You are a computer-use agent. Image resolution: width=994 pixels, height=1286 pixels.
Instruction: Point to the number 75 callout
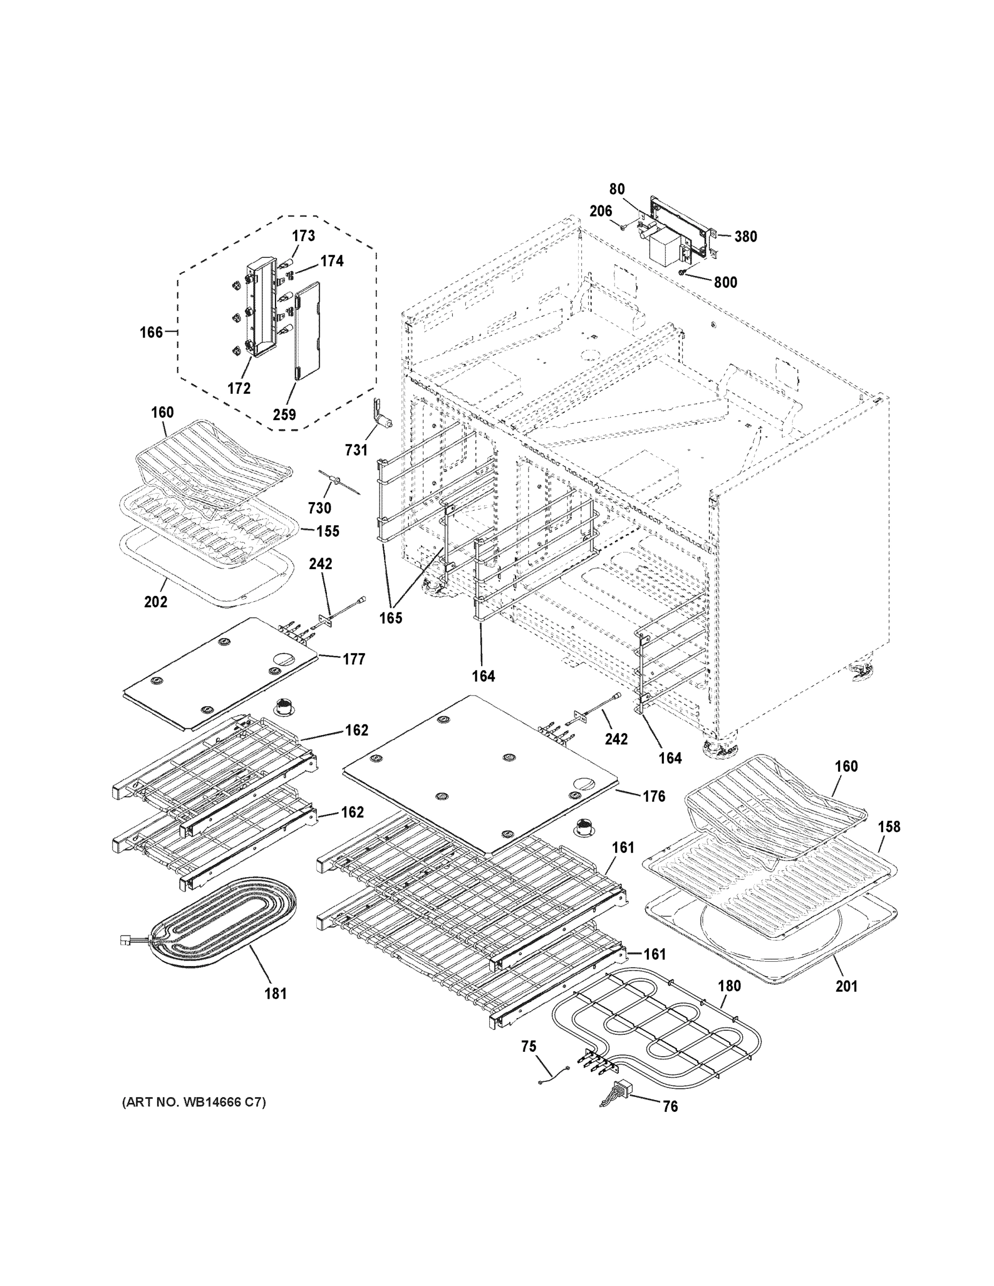pos(529,1046)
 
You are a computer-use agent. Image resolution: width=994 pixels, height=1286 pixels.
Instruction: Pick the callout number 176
pos(654,796)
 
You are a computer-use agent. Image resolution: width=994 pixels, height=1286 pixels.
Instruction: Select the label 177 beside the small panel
pos(353,659)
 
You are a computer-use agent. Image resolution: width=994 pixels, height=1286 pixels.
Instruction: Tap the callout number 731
pos(356,451)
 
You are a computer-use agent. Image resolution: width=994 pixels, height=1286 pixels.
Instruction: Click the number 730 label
pos(319,507)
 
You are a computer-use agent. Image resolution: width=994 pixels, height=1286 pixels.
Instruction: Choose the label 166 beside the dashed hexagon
pos(151,333)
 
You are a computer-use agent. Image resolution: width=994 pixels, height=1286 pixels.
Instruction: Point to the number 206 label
pos(600,211)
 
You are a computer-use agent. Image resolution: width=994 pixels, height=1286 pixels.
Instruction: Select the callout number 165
pos(391,618)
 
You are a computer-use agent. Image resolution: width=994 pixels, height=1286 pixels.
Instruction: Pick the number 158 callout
pos(888,827)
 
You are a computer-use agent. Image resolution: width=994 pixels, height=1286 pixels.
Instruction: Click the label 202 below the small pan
pos(155,602)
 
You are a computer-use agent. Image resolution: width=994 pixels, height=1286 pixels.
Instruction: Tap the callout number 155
pos(327,531)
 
